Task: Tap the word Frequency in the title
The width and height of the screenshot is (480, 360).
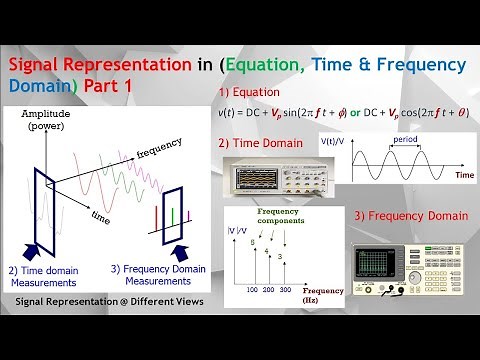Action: [418, 65]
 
